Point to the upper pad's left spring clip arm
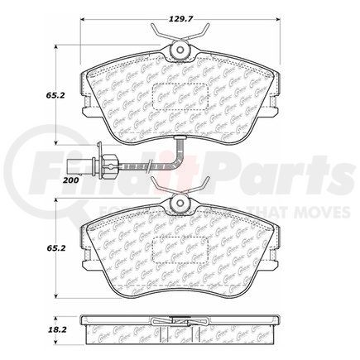point(159,39)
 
